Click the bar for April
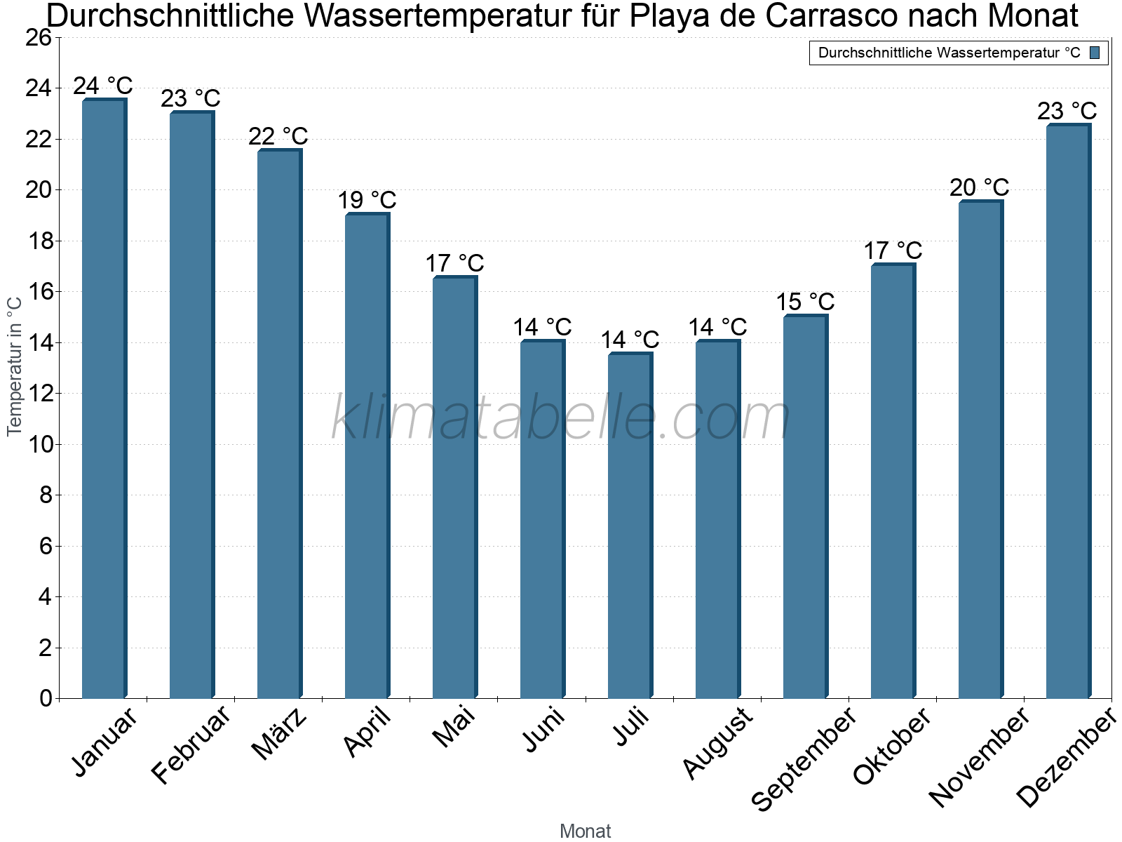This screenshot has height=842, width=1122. coord(367,456)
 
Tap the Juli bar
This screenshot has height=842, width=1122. coord(630,526)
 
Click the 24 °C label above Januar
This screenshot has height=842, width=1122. coord(103,86)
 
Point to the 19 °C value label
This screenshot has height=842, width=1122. coord(367,200)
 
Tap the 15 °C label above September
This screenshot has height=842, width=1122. coord(805,302)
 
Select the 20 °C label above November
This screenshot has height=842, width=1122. coord(980,187)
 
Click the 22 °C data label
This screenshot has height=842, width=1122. coord(278,136)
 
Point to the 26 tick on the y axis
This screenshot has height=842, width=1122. coord(39,38)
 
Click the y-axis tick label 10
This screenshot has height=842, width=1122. coord(39,445)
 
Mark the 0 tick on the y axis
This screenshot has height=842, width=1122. coord(46,698)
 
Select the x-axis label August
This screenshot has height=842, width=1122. coord(717,742)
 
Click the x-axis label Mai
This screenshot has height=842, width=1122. coord(454,727)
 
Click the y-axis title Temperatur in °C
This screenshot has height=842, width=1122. coord(15,366)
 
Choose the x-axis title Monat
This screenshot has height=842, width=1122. coord(586,831)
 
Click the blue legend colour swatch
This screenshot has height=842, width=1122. coord(1095,53)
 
